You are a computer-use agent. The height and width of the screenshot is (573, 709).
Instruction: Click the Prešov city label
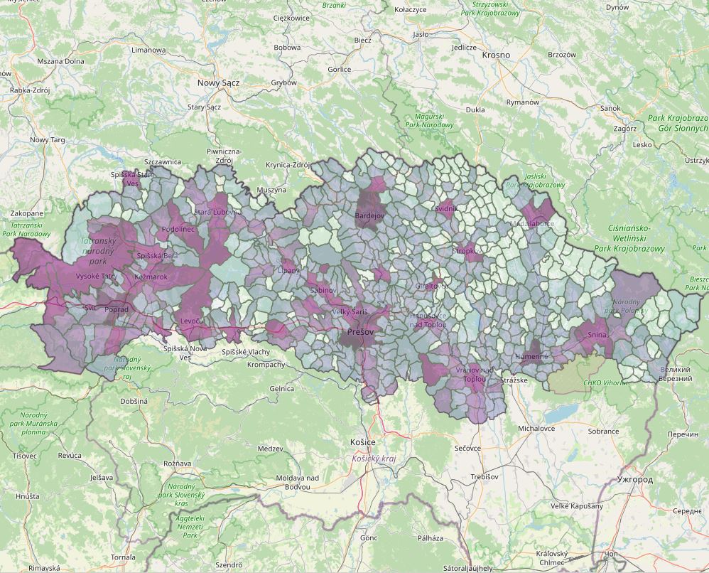360,332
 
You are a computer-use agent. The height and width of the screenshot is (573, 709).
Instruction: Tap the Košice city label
362,441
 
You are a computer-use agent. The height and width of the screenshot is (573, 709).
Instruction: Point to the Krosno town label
496,55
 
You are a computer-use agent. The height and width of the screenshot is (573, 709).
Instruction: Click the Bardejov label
369,215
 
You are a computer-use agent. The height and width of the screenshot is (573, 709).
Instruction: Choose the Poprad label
116,310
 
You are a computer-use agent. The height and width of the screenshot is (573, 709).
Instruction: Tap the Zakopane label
27,213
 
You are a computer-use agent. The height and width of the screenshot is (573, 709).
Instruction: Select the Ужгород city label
635,479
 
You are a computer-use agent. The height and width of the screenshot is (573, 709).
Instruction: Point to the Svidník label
446,209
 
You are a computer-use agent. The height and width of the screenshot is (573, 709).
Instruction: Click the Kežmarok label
149,276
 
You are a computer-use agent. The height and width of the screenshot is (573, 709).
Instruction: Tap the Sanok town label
610,109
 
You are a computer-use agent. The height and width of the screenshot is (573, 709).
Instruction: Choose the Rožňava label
178,463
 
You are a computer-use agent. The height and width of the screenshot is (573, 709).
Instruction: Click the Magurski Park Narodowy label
429,120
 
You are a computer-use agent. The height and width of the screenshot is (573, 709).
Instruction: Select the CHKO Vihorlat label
605,382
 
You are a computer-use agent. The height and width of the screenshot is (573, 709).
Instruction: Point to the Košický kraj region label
374,459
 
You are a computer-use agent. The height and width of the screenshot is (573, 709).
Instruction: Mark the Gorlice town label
340,69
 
